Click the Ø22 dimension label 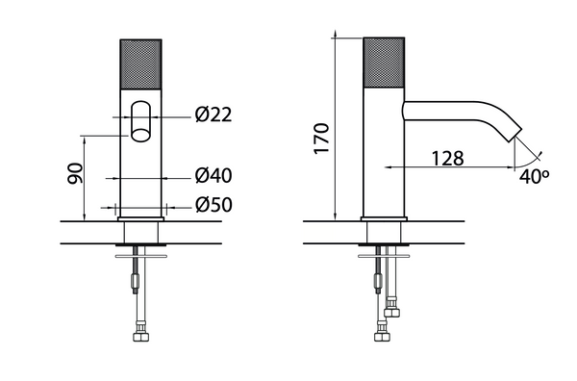click(213, 115)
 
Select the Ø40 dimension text click(213, 177)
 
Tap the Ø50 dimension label click(213, 205)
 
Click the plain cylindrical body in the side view click(386, 164)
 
